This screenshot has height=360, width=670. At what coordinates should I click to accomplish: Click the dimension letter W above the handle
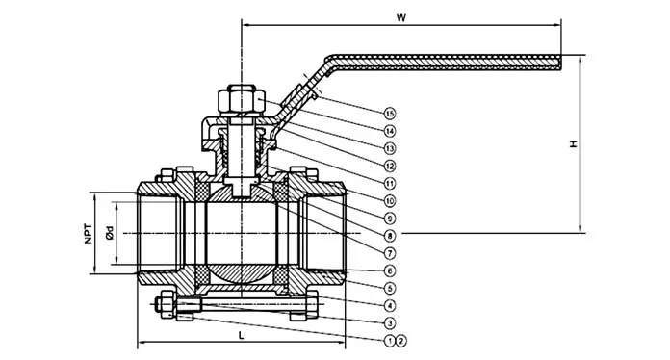click(x=400, y=17)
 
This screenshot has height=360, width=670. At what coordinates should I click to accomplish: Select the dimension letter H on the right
click(x=574, y=143)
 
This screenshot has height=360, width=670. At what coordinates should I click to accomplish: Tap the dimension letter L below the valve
click(x=242, y=335)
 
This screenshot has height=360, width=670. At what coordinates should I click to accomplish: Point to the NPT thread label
click(x=88, y=233)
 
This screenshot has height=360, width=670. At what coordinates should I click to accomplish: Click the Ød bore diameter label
click(x=110, y=233)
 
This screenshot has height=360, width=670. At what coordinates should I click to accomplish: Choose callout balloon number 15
click(x=389, y=114)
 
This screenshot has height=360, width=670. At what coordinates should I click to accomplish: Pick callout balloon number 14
click(x=389, y=131)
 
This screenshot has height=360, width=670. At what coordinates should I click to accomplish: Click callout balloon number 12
click(x=389, y=166)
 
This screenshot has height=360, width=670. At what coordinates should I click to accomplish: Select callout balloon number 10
click(x=389, y=201)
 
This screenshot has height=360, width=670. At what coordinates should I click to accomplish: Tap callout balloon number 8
click(x=389, y=236)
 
